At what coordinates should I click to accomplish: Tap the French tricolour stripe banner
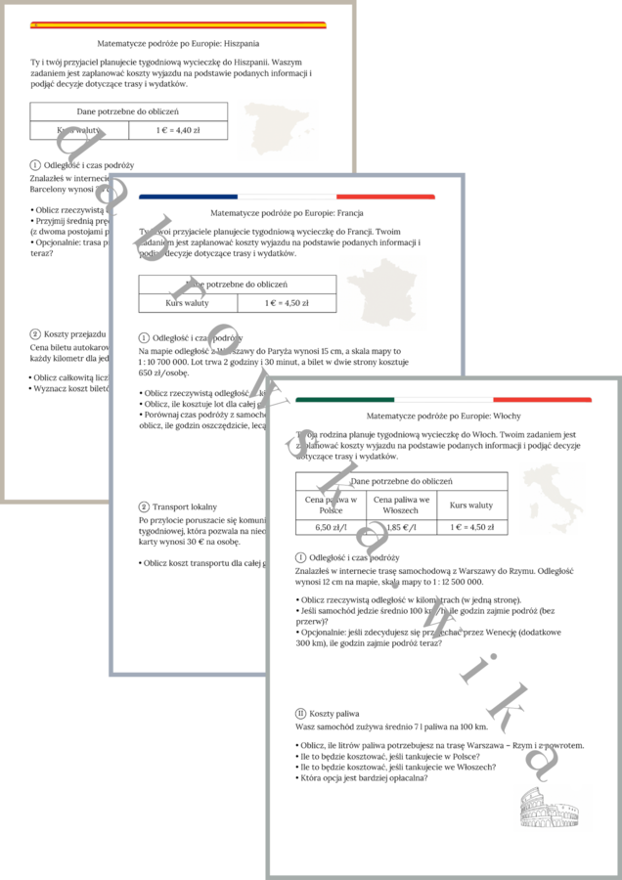pos(287,197)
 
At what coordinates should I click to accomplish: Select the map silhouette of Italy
pos(553,499)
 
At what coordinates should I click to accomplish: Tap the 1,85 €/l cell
pos(401,527)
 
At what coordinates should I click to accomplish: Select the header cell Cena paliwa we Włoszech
pos(401,505)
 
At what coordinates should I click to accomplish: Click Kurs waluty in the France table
pos(188,303)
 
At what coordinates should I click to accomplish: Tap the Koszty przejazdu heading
pos(74,334)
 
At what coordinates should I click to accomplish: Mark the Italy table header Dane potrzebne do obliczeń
pos(401,481)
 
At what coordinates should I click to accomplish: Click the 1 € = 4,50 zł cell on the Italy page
pos(471,527)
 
